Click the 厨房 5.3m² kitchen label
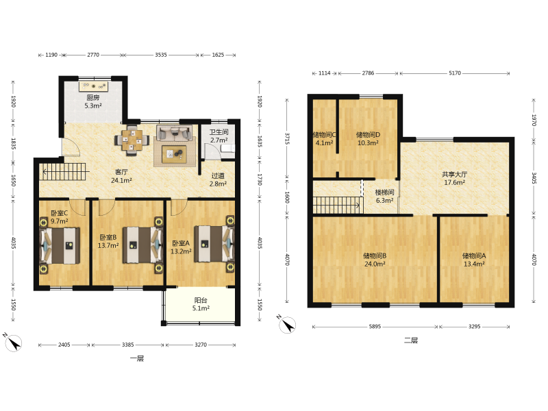pos(93,101)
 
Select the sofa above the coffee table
pos(174,133)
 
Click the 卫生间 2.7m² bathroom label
pos(219,136)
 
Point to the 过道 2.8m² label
pos(218,179)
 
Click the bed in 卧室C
pos(60,245)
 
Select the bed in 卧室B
pos(142,245)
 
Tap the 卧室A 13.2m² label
pos(181,247)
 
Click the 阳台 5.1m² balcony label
pos(201,304)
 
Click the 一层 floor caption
pos(136,358)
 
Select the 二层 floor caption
pos(411,340)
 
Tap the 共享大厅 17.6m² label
pos(454,178)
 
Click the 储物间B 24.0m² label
pos(375,260)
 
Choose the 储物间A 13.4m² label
pos(474,260)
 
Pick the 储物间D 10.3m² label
pos(368,139)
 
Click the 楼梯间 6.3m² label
pos(384,197)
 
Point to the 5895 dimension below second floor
pos(375,327)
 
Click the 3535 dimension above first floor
pos(161,55)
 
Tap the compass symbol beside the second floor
pos(287,325)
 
